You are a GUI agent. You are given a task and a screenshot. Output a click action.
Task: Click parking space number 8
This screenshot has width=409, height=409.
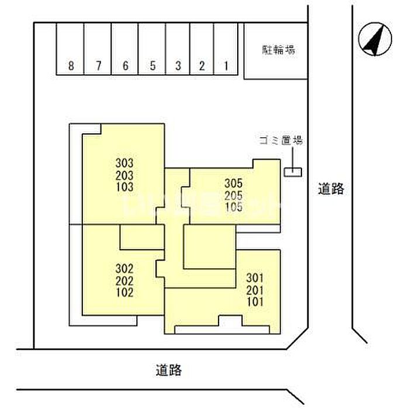click(71, 66)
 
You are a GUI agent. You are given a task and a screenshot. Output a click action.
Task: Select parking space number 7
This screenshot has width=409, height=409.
click(99, 66)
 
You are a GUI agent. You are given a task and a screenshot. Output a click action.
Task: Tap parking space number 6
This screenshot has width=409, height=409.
click(125, 66)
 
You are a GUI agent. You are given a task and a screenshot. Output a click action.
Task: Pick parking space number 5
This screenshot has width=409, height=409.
click(152, 66)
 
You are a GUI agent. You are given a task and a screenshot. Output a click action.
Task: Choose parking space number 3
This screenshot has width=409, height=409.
click(178, 66)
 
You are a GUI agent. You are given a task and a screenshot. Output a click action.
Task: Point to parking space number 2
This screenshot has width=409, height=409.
click(202, 66)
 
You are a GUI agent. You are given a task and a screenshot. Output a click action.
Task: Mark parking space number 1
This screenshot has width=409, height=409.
click(226, 66)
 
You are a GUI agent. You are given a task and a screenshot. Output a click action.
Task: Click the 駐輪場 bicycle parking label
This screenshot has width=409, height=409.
click(278, 50)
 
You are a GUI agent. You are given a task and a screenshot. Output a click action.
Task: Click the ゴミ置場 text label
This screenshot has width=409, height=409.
click(281, 140)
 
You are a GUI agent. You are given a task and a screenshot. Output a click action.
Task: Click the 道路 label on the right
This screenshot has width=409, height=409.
click(331, 189)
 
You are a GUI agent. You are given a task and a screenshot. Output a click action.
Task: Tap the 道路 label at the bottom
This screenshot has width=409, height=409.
click(169, 370)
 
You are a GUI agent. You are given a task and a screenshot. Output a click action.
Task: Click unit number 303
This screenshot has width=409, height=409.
click(124, 163)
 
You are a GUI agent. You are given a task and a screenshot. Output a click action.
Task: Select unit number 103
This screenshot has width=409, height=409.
click(124, 188)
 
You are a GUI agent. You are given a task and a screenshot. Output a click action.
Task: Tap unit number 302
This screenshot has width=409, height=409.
click(124, 269)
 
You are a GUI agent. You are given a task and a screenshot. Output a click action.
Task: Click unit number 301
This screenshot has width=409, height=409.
click(255, 278)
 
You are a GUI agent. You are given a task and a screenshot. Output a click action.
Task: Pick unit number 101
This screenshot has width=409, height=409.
click(255, 302)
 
